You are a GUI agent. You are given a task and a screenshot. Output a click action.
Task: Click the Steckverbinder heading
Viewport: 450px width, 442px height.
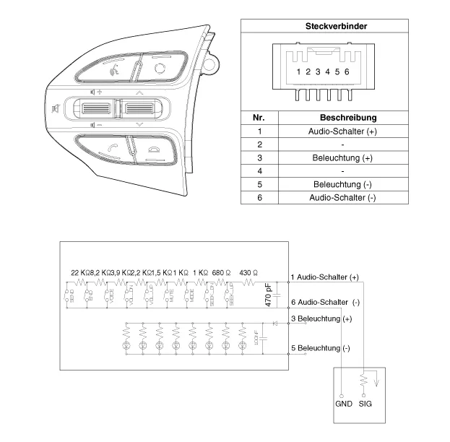[337, 26]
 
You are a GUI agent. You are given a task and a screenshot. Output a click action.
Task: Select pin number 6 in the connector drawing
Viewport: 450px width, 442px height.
[347, 71]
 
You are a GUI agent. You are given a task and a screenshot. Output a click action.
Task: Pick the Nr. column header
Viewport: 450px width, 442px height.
[259, 117]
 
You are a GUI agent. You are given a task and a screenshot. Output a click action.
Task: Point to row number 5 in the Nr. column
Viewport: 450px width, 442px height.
[259, 184]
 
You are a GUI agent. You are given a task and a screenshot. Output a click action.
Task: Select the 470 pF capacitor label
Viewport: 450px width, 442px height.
[269, 296]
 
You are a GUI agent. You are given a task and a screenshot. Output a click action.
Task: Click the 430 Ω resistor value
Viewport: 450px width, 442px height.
[248, 272]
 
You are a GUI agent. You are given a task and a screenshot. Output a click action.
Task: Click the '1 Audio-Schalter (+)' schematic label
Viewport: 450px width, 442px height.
[324, 277]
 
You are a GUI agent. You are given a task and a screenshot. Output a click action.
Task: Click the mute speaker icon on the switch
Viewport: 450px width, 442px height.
[56, 109]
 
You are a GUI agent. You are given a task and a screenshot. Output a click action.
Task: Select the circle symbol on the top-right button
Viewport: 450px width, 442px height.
[160, 67]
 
